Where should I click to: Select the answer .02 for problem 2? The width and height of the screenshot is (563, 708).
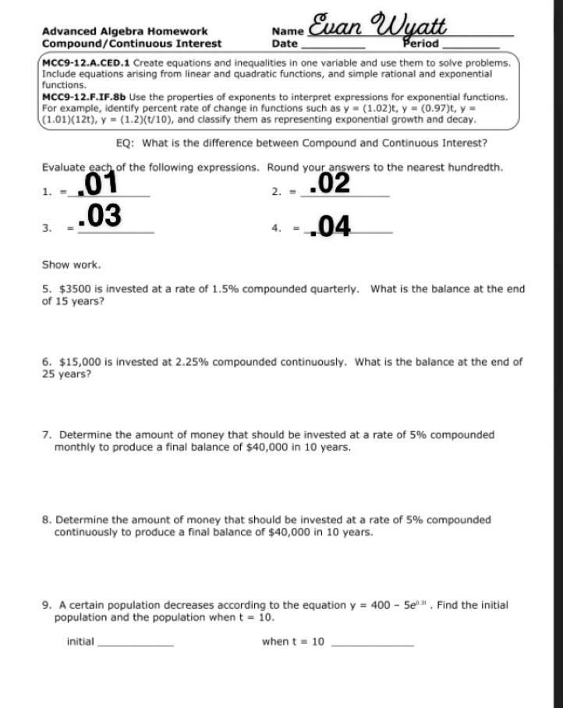pyautogui.click(x=329, y=184)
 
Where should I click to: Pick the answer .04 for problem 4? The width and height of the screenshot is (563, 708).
pyautogui.click(x=330, y=227)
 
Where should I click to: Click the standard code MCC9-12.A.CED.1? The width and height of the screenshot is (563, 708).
pyautogui.click(x=86, y=62)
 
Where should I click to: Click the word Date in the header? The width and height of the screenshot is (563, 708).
pyautogui.click(x=285, y=44)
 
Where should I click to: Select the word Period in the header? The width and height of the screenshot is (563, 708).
pyautogui.click(x=421, y=44)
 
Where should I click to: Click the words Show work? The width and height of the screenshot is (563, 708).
pyautogui.click(x=71, y=265)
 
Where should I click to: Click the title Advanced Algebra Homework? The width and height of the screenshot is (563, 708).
pyautogui.click(x=125, y=32)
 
